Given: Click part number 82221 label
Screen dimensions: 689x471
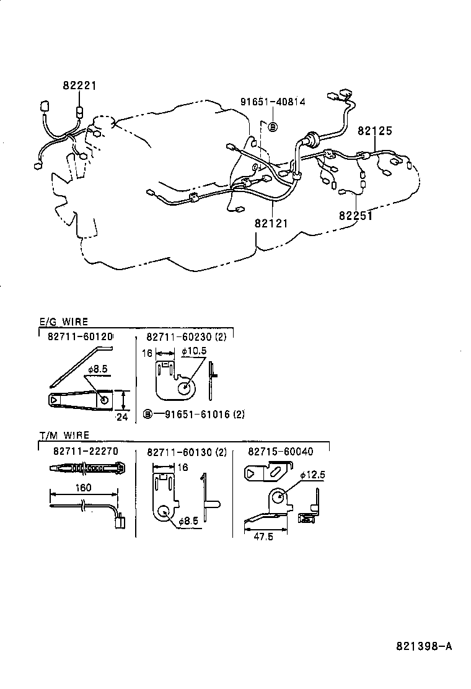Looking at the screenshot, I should coord(79,86).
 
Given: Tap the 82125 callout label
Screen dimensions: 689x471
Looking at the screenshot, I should coord(375,131).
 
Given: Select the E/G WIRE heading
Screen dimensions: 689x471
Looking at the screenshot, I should coord(63,322).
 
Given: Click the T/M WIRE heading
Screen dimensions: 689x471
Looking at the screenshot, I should coord(64,436).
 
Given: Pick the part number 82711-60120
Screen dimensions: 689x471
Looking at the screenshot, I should coord(81,336).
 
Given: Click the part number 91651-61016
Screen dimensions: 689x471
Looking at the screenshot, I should coord(196,415).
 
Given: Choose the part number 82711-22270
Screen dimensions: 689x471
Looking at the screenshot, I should coord(86,452).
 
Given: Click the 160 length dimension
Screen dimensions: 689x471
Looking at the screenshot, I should coord(82,488).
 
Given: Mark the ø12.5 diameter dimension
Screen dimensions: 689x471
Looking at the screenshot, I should coord(312,475).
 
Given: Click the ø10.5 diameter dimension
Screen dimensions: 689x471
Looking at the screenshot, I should coord(193,351).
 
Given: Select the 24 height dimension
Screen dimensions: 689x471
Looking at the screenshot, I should coord(121,416).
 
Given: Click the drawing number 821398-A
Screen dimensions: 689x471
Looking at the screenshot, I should coord(424,646).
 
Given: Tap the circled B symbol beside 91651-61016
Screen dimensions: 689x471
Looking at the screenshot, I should coord(147,415).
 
